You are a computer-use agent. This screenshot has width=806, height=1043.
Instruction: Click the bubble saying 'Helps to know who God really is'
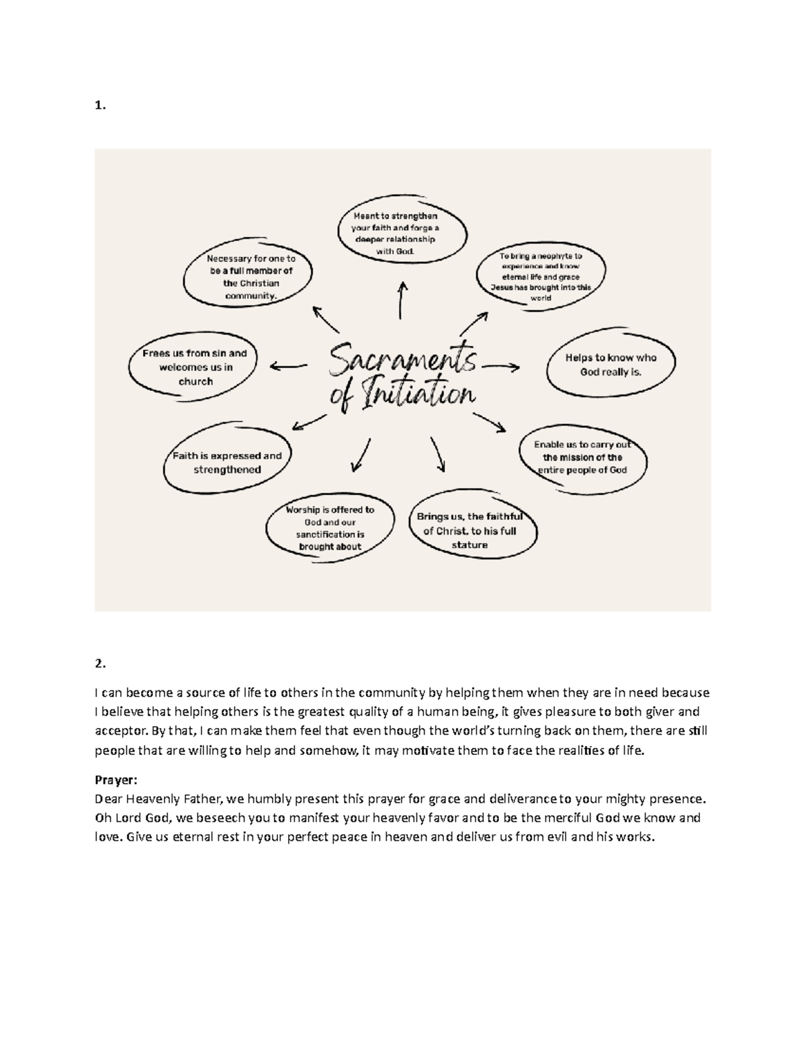click(x=610, y=365)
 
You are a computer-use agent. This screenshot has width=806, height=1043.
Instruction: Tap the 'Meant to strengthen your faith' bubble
click(x=401, y=234)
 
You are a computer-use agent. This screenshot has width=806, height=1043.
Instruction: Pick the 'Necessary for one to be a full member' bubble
click(x=251, y=277)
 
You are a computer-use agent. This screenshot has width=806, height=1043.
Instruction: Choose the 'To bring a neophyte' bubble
click(x=541, y=277)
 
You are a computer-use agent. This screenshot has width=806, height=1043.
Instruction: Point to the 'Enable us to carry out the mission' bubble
click(x=582, y=457)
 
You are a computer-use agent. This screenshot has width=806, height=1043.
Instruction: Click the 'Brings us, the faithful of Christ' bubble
click(x=469, y=531)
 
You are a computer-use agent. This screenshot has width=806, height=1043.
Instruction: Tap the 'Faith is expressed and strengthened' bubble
click(x=227, y=463)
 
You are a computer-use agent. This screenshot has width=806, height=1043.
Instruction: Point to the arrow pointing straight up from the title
click(x=402, y=300)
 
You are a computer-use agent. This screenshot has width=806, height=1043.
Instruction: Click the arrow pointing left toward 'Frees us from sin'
click(x=287, y=366)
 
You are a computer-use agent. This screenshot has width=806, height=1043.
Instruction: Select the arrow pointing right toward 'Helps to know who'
click(x=501, y=366)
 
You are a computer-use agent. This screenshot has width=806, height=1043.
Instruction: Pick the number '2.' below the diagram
click(x=100, y=664)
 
